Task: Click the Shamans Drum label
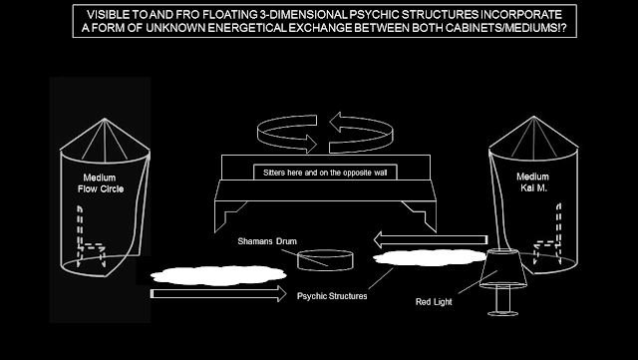point(267,241)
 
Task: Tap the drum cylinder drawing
point(325,260)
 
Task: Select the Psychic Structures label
point(332,296)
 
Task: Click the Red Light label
point(434,302)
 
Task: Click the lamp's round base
point(502,313)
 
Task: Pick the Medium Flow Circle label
point(100,183)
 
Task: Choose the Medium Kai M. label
point(533,182)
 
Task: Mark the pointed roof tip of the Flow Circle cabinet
point(105,119)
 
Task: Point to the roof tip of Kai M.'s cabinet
point(533,117)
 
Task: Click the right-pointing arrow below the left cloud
point(218,293)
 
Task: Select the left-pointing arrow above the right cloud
point(430,239)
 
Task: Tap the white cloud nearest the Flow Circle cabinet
point(218,275)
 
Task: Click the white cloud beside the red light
point(430,257)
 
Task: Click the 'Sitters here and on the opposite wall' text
point(325,173)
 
